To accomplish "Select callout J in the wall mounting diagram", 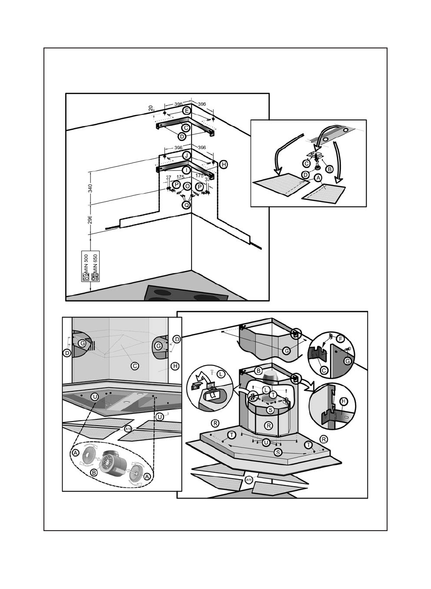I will pos(186,155).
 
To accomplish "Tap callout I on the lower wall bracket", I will pos(186,170).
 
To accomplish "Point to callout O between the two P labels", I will pos(187,186).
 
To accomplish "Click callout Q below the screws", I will pos(186,204).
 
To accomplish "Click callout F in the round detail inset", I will pos(341,338).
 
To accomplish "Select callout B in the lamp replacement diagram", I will pos(330,168).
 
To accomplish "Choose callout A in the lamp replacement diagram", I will pos(318,178).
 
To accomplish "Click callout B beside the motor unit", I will pos(94,472).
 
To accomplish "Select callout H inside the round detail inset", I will pos(343,401).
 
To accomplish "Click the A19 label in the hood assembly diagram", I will pos(248,480).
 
